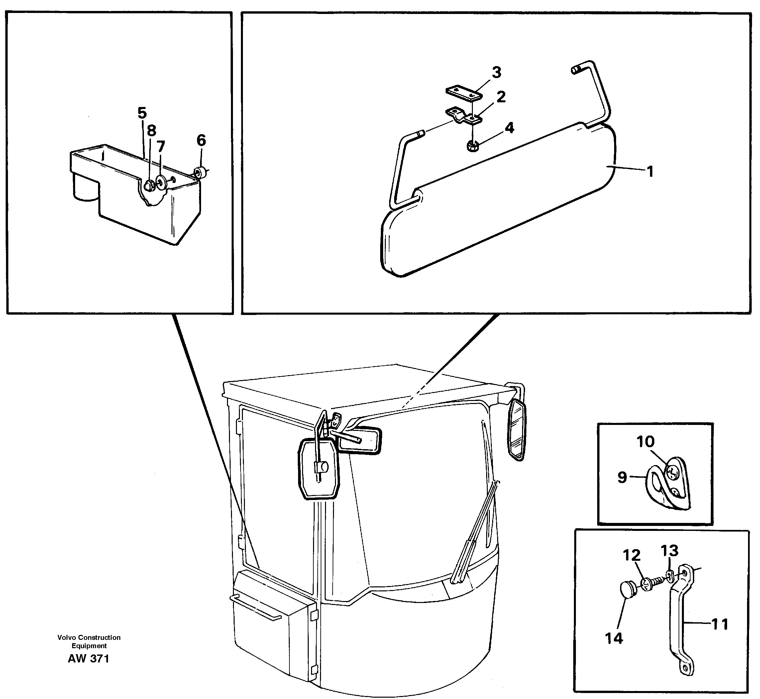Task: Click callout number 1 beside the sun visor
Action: (x=650, y=172)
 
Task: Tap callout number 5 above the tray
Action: (x=142, y=113)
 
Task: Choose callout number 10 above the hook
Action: (x=645, y=442)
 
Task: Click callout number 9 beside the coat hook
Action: (x=622, y=477)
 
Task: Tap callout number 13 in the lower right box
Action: (x=669, y=551)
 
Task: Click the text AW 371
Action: (x=88, y=658)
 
